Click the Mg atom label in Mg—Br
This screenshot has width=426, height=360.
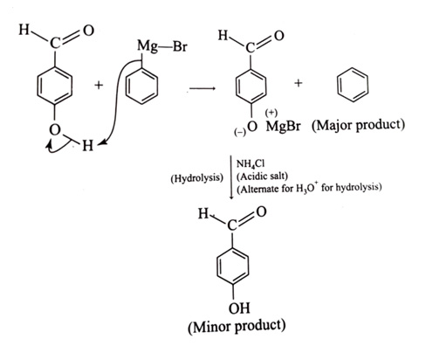pyautogui.click(x=148, y=47)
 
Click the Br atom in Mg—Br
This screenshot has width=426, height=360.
pyautogui.click(x=180, y=46)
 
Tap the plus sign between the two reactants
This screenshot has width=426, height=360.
pyautogui.click(x=99, y=85)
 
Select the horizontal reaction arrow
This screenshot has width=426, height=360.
pyautogui.click(x=203, y=88)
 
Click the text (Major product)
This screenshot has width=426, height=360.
pyautogui.click(x=358, y=126)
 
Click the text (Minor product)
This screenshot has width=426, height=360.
pyautogui.click(x=237, y=327)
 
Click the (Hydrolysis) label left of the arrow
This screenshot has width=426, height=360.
pyautogui.click(x=197, y=177)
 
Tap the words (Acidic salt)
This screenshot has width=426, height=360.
pyautogui.click(x=262, y=177)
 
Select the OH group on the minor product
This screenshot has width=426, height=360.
pyautogui.click(x=239, y=308)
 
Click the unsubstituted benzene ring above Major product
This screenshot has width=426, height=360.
pyautogui.click(x=353, y=85)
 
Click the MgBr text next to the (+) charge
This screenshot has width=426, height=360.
pyautogui.click(x=283, y=127)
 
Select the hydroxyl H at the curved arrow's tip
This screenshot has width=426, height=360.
pyautogui.click(x=87, y=145)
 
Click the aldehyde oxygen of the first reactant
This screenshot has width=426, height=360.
pyautogui.click(x=88, y=31)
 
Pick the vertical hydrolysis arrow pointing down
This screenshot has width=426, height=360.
pyautogui.click(x=231, y=177)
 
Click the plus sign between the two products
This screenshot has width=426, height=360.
pyautogui.click(x=299, y=83)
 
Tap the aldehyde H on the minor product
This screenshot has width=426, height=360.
pyautogui.click(x=203, y=214)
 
